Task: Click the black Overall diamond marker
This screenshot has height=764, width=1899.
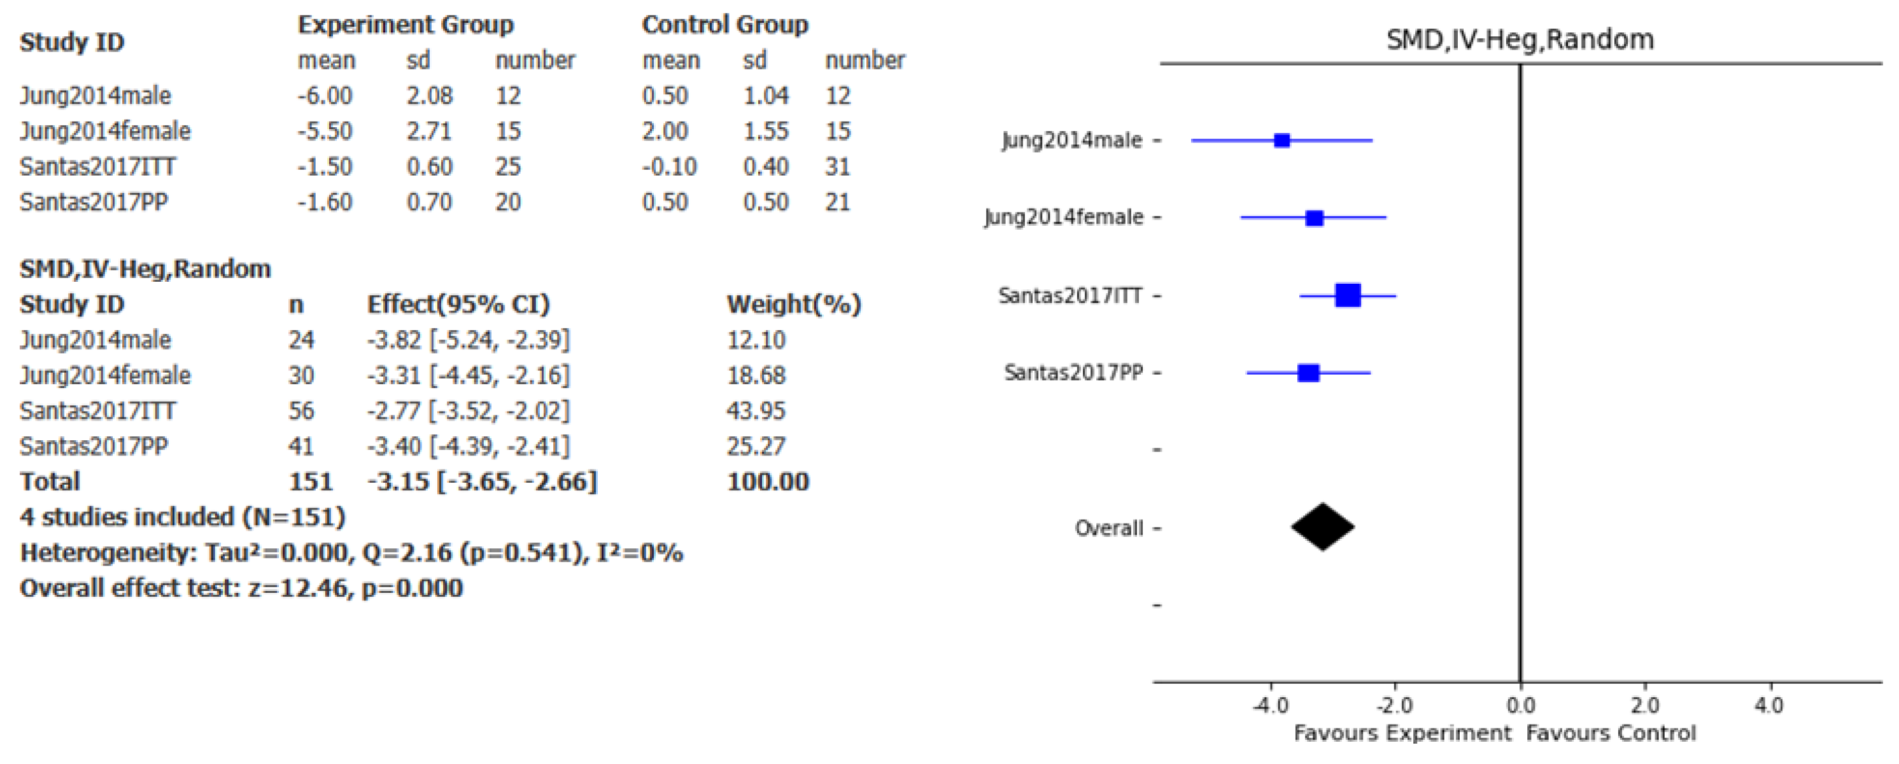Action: [1322, 527]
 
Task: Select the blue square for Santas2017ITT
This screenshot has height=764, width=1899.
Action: [1348, 295]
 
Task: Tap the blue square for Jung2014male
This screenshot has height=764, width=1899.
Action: [1282, 141]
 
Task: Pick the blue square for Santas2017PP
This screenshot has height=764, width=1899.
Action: [1308, 373]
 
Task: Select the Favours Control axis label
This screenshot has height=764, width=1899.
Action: [1611, 733]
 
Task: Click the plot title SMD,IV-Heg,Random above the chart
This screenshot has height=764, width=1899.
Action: [1520, 39]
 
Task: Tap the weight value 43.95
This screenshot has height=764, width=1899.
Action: [756, 410]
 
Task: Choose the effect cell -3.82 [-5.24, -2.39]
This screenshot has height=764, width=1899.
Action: [468, 340]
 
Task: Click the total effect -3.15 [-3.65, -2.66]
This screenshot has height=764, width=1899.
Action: [482, 481]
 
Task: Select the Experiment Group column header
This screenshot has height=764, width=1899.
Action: [406, 24]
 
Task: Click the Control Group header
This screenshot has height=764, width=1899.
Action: [724, 24]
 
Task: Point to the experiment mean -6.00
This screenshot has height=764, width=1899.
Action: [325, 95]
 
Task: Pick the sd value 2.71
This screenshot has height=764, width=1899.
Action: [428, 131]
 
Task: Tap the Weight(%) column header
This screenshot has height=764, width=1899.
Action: [793, 303]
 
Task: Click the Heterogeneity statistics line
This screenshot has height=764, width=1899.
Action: [351, 553]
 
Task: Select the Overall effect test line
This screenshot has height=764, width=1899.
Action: [241, 588]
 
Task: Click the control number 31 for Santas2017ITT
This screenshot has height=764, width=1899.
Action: [837, 167]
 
